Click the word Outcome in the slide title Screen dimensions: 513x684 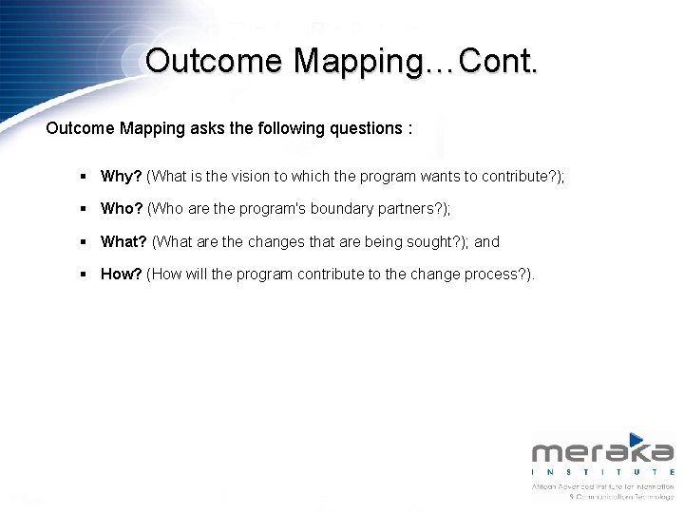click(214, 61)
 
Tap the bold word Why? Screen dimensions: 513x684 click(122, 176)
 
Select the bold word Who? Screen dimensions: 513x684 click(122, 208)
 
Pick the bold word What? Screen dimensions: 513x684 click(123, 241)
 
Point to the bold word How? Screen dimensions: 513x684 click(122, 274)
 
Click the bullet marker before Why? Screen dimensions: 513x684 click(85, 177)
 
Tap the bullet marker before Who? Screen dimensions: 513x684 click(85, 209)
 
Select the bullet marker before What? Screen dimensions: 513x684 click(85, 242)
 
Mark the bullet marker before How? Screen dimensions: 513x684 click(85, 275)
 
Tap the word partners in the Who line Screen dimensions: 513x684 click(400, 208)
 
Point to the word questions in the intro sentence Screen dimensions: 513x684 click(367, 128)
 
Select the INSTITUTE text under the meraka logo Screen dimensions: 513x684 click(602, 472)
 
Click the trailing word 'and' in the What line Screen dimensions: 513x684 click(487, 241)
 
